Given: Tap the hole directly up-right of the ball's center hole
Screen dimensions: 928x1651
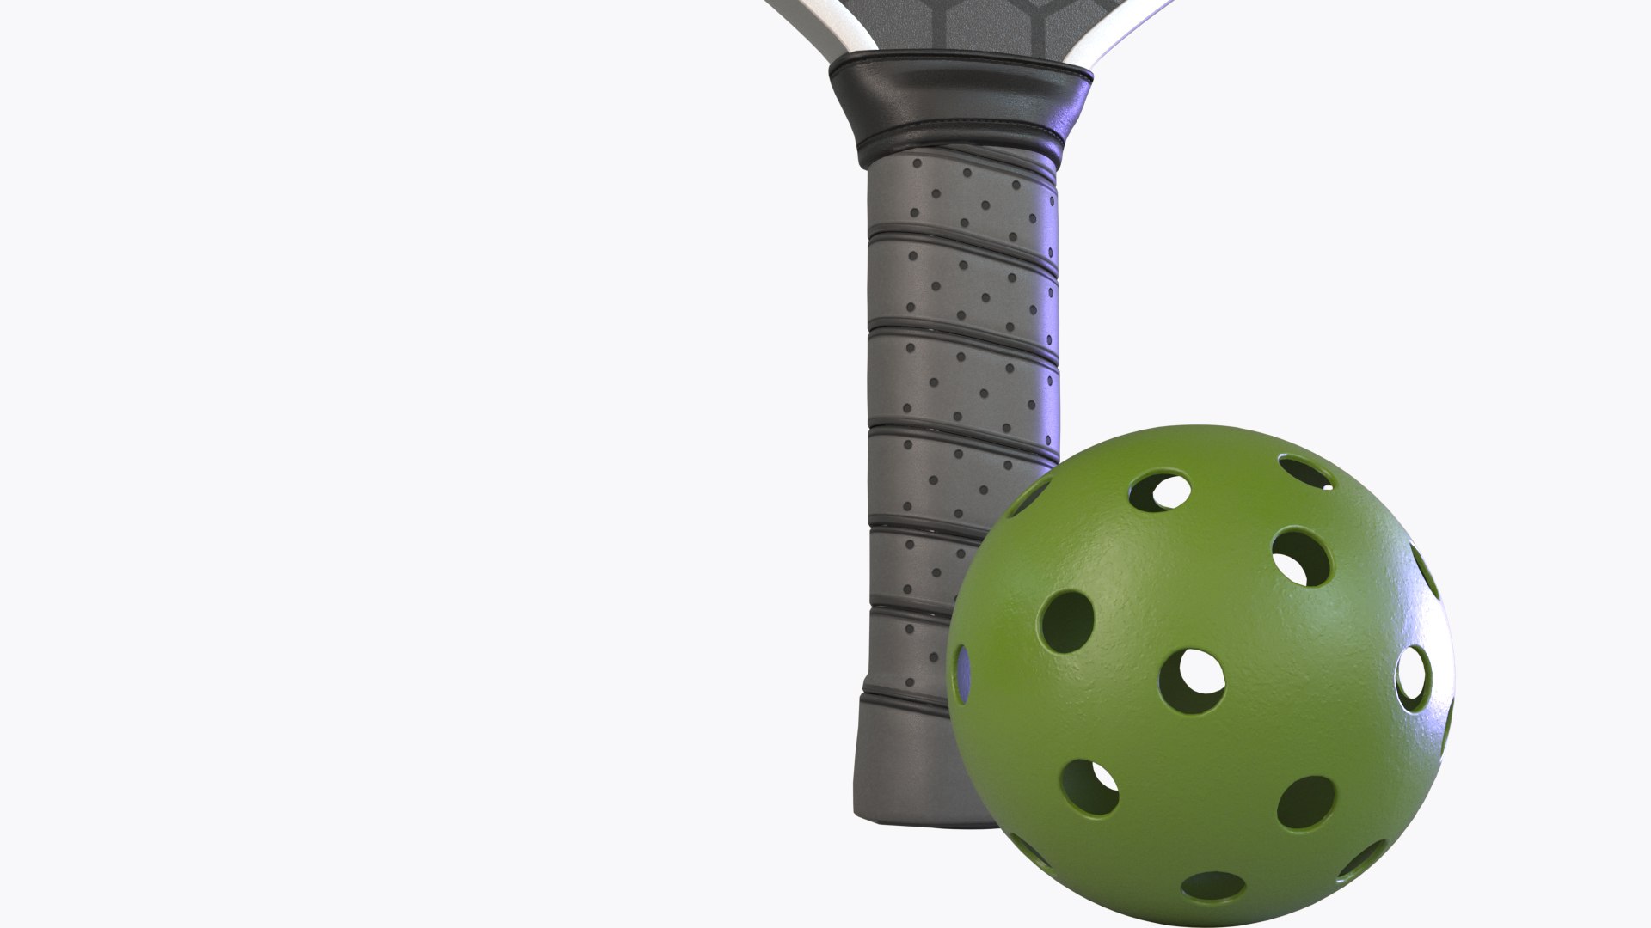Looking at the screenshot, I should click(x=1301, y=557).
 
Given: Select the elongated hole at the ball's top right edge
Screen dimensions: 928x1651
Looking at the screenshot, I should click(x=1305, y=472).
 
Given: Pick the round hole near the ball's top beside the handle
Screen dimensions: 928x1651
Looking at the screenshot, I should click(x=1161, y=491).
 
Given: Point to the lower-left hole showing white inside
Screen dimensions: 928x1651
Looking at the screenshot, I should click(x=1090, y=786).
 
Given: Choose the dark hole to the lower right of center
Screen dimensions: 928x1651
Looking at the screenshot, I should click(x=1305, y=803).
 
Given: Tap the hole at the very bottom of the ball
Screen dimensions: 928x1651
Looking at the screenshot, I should click(x=1213, y=886).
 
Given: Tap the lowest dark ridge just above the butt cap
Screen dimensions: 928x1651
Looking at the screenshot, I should click(x=903, y=692).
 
